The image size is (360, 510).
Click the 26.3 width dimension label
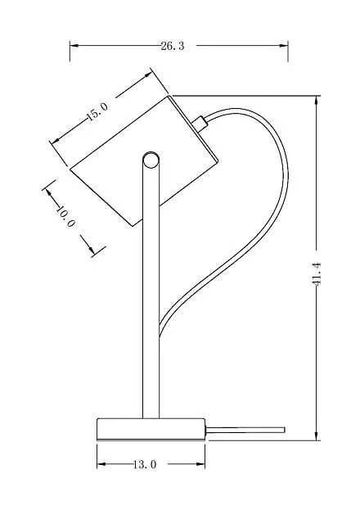(173, 46)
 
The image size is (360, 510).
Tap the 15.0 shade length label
(97, 111)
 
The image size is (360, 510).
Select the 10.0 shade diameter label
(65, 216)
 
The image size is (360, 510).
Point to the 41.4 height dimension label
(316, 274)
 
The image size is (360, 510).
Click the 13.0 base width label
(145, 464)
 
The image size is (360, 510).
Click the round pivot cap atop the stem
(151, 160)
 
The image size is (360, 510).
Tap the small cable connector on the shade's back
(200, 124)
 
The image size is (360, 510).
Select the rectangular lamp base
(151, 429)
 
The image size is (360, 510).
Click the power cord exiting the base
(245, 430)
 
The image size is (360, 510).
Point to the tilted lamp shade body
(144, 161)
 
